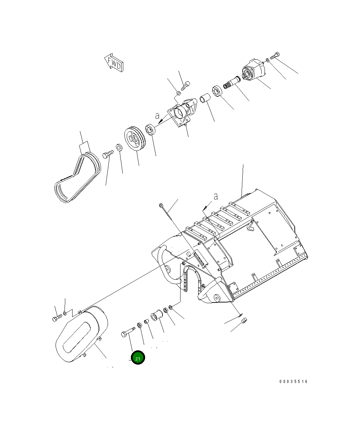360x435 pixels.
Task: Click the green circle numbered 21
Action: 137,358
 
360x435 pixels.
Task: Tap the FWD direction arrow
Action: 114,63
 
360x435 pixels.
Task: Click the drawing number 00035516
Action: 293,382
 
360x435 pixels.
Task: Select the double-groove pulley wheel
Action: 135,138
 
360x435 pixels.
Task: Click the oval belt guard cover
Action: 82,334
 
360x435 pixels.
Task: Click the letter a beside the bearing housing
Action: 157,116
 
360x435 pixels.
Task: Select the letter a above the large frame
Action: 216,196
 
